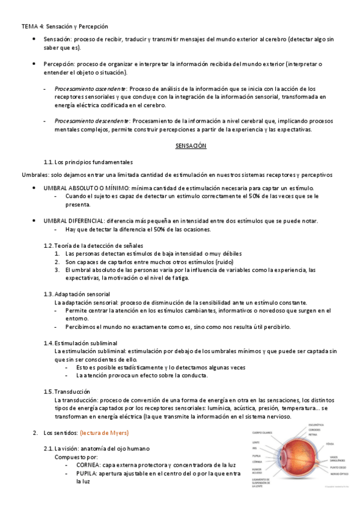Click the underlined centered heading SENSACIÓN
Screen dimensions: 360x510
pyautogui.click(x=191, y=146)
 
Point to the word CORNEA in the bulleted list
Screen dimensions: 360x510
pyautogui.click(x=88, y=465)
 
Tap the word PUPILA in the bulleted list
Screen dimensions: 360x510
pyautogui.click(x=87, y=473)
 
